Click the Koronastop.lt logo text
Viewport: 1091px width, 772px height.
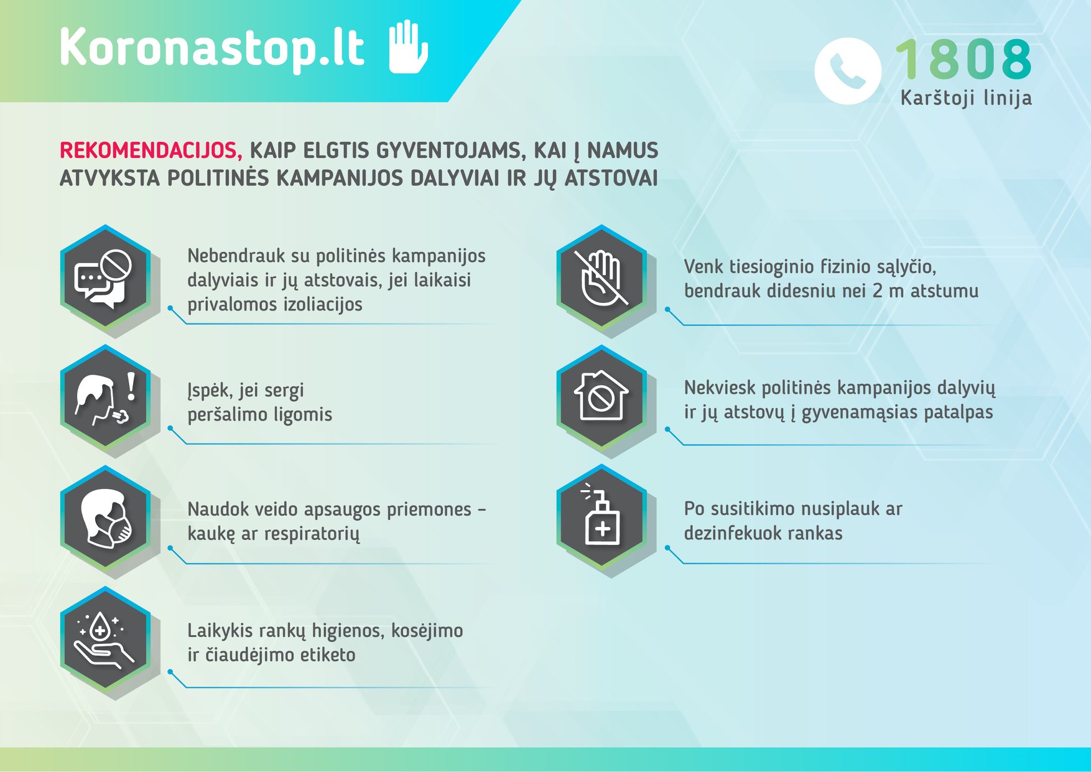coord(211,47)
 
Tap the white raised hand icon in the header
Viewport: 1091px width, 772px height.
coord(408,47)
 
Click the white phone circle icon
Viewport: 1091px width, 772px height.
coord(848,71)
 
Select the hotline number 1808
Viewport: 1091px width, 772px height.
coord(963,58)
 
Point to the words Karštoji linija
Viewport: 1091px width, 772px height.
coord(966,98)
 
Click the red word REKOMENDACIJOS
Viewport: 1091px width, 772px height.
coord(151,151)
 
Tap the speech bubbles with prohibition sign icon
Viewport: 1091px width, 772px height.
coord(104,277)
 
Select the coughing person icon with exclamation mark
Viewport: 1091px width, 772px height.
coord(104,398)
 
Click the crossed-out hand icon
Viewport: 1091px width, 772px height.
coord(601,277)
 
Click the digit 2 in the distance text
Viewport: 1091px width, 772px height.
coord(877,291)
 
